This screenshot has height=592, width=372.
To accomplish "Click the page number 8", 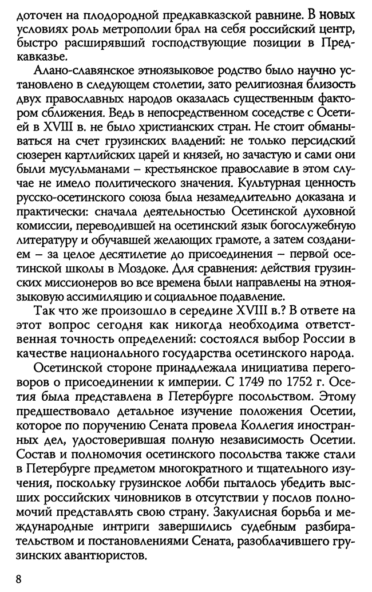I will pos(19,579).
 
